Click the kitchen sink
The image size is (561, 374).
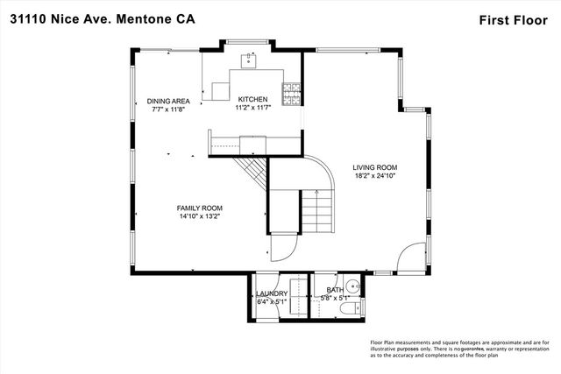(x=251, y=60)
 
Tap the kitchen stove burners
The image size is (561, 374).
(x=289, y=89)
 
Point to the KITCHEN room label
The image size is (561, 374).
(x=251, y=99)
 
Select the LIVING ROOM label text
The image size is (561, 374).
(x=375, y=167)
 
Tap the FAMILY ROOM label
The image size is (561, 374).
(x=199, y=208)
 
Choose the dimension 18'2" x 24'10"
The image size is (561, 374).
(x=375, y=176)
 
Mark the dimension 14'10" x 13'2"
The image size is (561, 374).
(x=199, y=216)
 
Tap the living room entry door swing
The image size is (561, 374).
(x=407, y=258)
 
